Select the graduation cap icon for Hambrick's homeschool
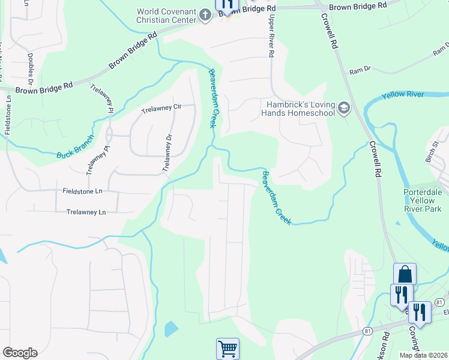344,108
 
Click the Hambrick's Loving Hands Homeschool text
300,108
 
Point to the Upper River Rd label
271,37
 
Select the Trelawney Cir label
161,109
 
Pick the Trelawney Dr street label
169,154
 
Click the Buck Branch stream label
76,147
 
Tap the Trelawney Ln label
86,212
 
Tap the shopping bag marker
405,274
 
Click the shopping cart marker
228,348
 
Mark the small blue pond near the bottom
171,328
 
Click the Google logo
20,353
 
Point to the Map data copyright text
423,355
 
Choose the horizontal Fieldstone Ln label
83,191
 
